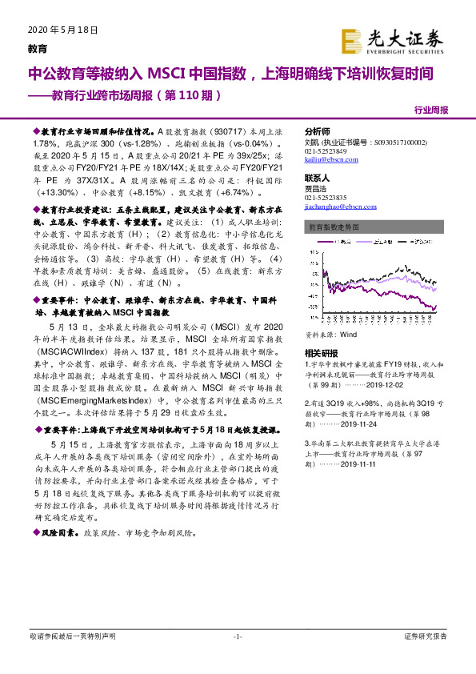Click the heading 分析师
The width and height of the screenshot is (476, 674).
coord(318,131)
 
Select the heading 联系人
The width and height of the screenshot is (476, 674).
coord(318,178)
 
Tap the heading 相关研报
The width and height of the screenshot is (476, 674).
coord(321,331)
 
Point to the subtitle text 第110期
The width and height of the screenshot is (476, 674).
coord(188,94)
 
